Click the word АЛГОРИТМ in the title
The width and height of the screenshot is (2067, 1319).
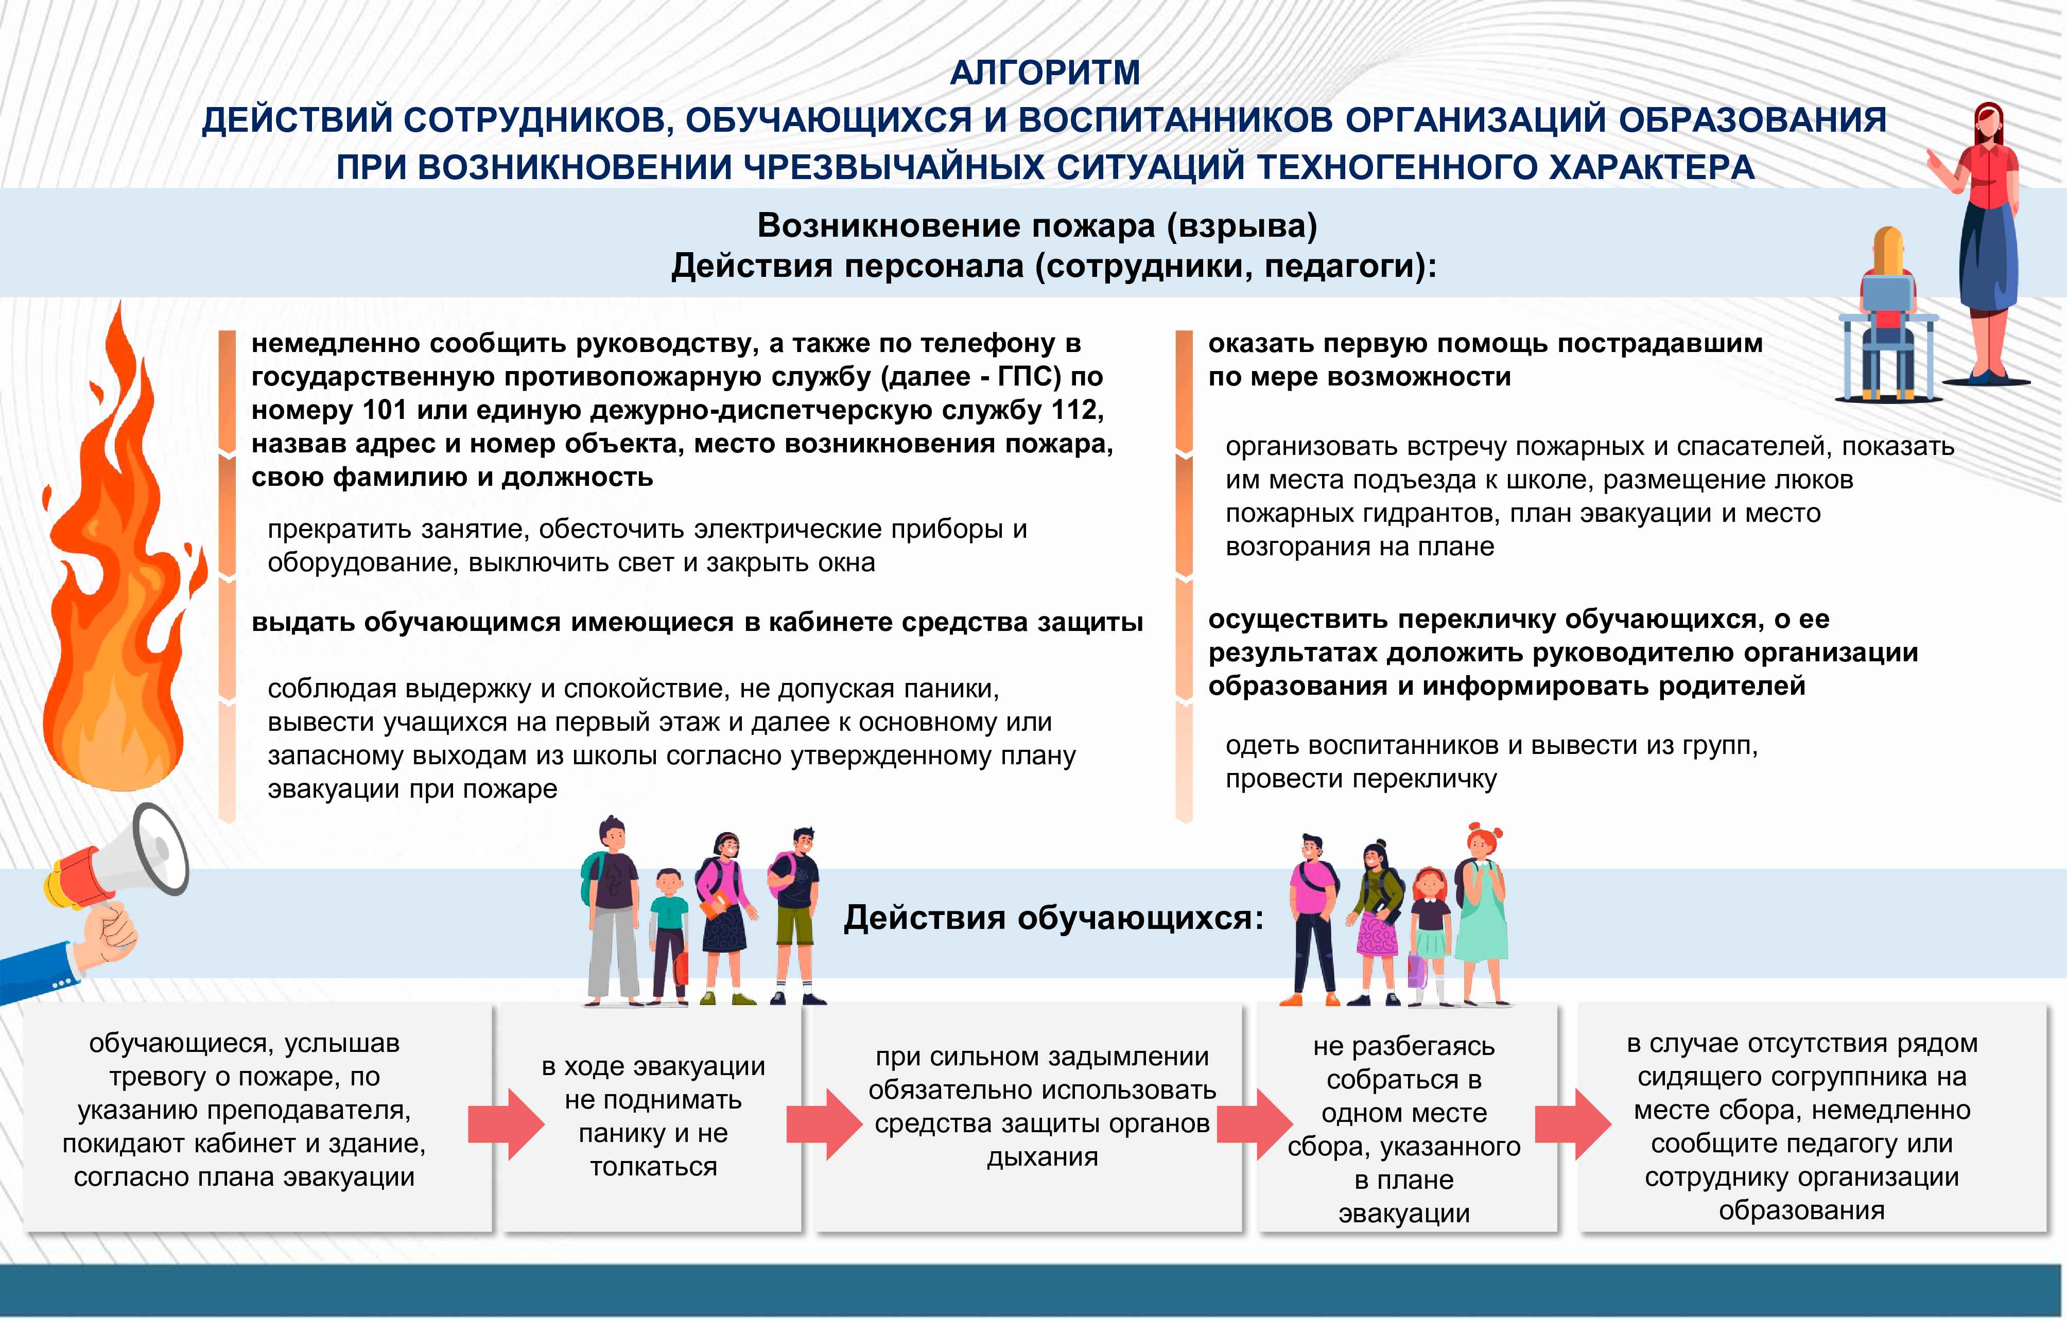coord(1045,73)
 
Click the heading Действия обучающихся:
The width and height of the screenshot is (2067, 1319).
coord(1053,918)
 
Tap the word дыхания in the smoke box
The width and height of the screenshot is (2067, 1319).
coord(1042,1157)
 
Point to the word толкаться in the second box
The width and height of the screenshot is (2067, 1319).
coord(653,1167)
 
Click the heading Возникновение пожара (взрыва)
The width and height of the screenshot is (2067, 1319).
coord(1037,226)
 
